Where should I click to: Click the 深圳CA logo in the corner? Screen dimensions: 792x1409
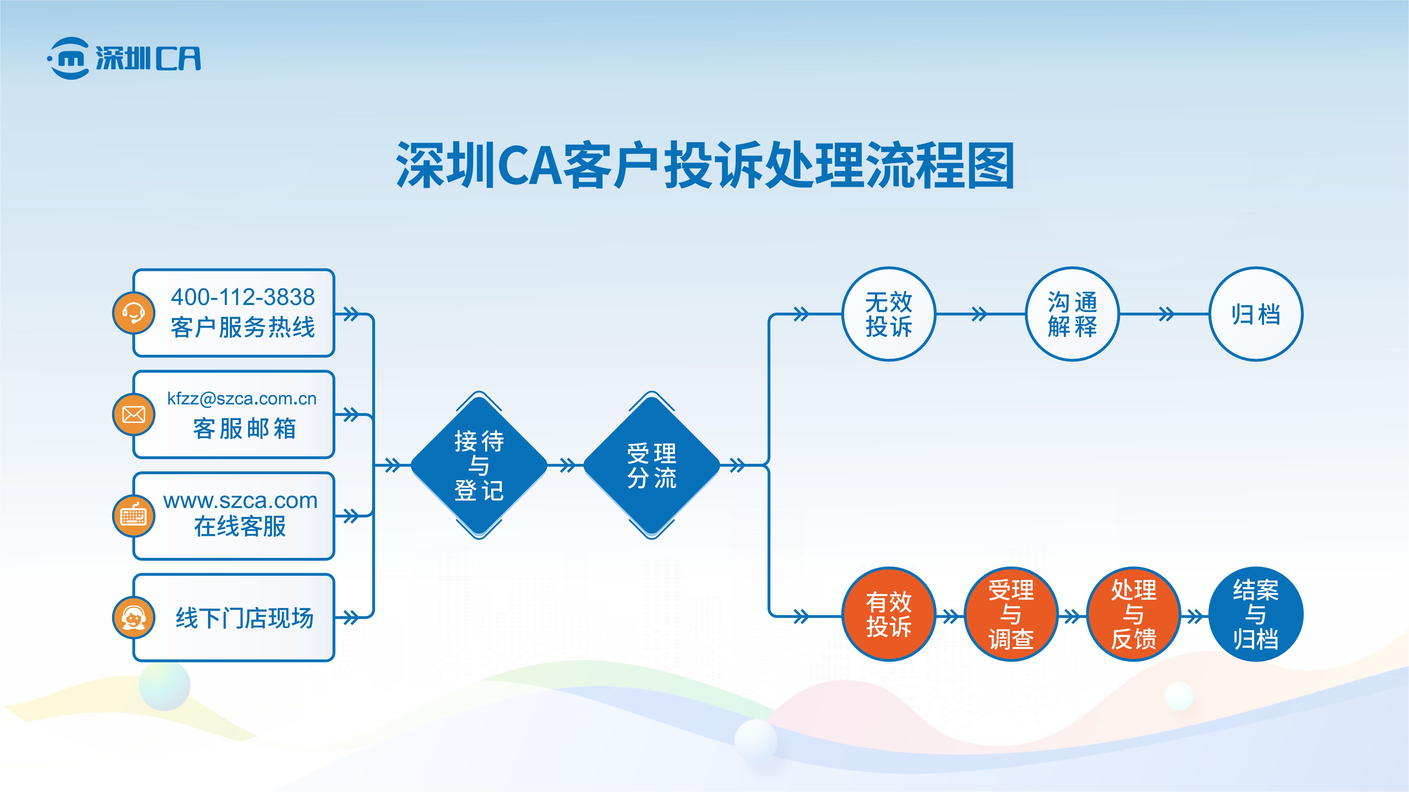pos(124,58)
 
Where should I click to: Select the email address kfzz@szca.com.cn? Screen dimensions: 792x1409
pos(242,398)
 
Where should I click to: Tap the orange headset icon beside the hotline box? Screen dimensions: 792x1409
pos(134,313)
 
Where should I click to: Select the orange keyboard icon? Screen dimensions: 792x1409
pos(134,515)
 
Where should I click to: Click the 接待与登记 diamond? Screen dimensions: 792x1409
pos(479,466)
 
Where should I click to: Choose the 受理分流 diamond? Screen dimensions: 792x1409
pos(651,466)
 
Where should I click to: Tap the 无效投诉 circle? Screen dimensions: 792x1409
pos(889,314)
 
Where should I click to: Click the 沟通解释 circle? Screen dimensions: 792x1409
pos(1072,314)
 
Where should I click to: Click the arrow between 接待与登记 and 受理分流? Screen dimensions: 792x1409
pos(567,466)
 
